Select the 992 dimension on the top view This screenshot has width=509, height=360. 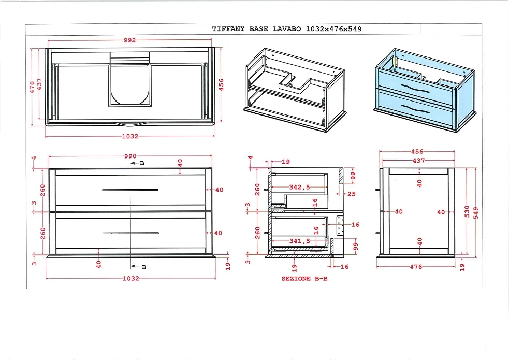pos(129,40)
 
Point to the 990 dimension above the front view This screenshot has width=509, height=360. pos(129,156)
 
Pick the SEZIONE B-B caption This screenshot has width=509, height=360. pos(304,279)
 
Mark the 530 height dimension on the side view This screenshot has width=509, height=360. pos(467,211)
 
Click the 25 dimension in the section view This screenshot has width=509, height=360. pos(352,194)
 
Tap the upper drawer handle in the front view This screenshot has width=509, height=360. pos(130,190)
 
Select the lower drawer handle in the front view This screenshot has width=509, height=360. pos(130,233)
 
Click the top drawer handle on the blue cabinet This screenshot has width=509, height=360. pos(415,89)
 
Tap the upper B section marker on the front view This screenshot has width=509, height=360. pos(138,163)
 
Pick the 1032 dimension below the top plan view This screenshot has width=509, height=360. pos(129,136)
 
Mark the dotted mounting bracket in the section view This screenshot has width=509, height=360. pos(340,226)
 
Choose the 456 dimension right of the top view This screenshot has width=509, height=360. pos(221,84)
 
